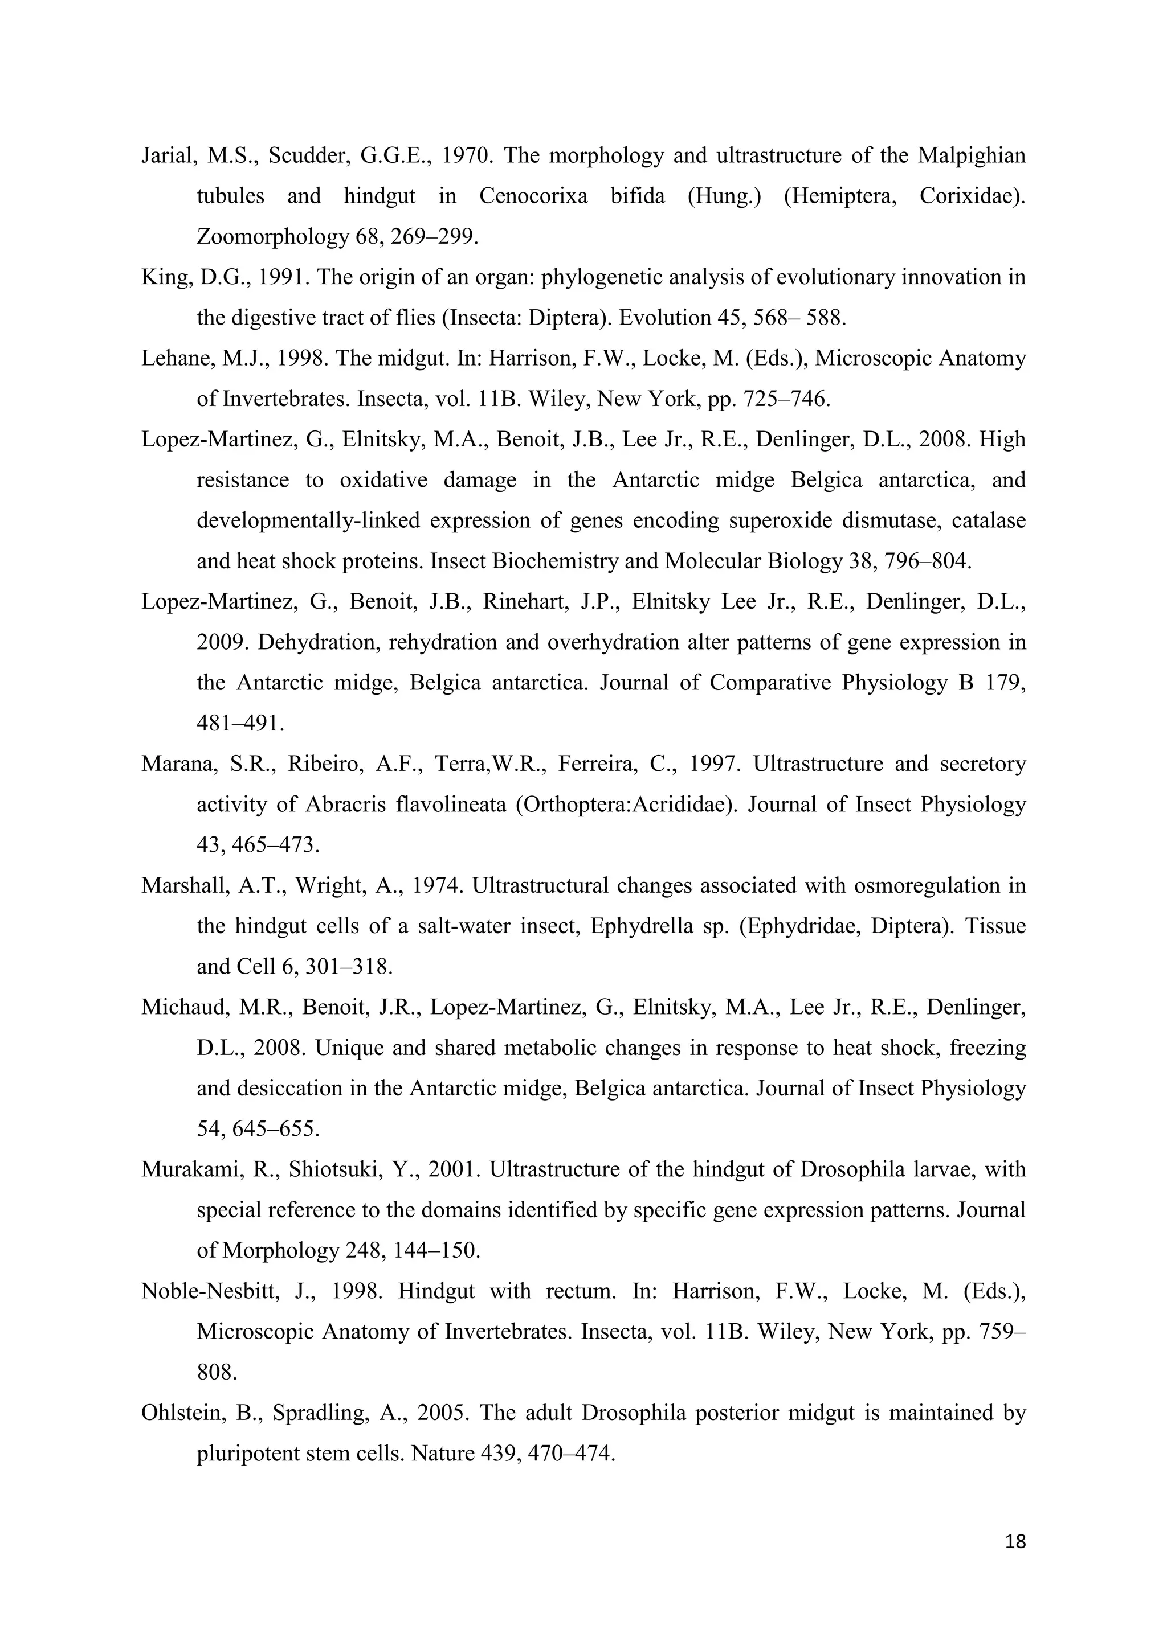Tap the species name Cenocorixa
click(x=533, y=196)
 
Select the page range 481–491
click(x=240, y=724)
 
